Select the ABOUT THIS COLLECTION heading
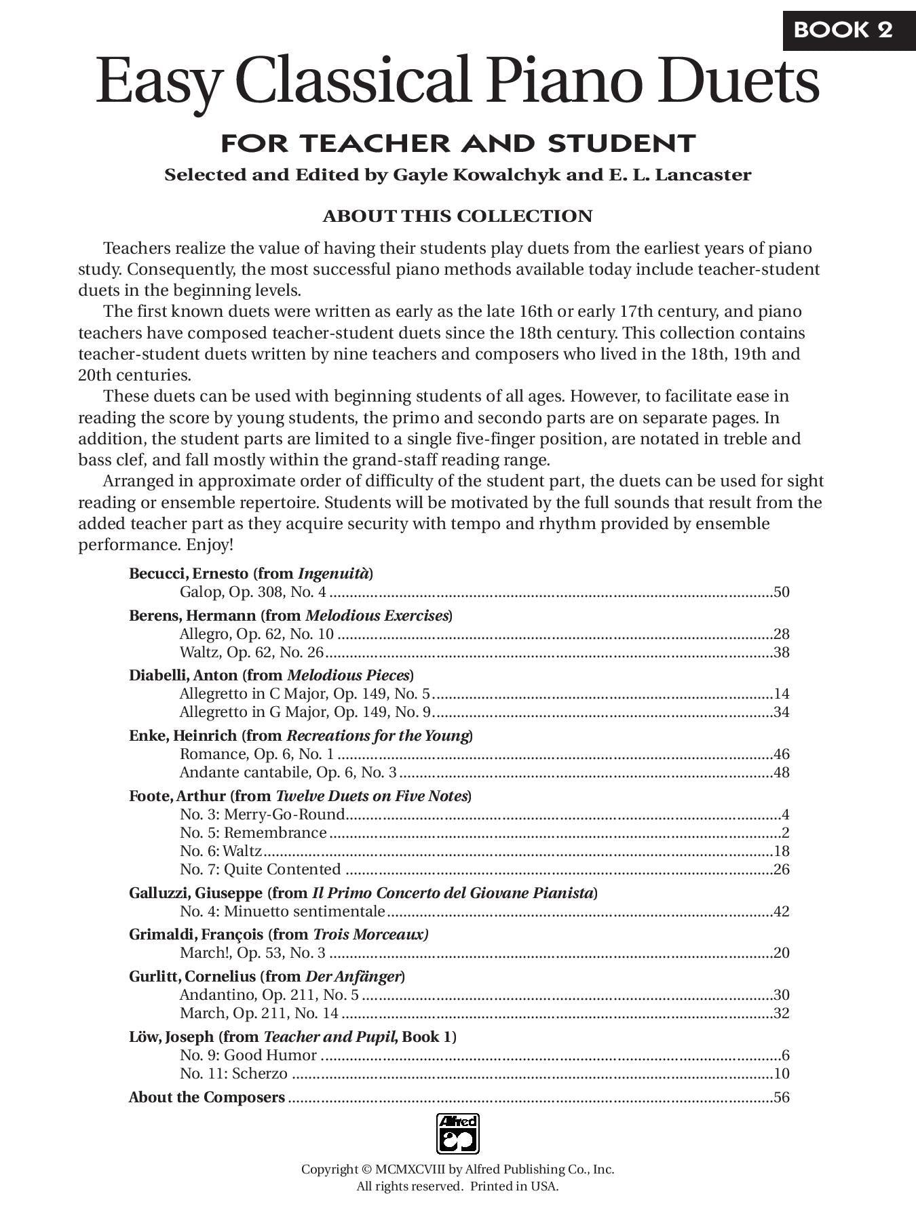click(457, 216)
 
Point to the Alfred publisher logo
click(457, 1133)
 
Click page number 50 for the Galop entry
click(782, 592)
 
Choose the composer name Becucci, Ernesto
click(189, 574)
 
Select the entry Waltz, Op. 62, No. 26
click(252, 653)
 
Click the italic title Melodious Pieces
click(348, 676)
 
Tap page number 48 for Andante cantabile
click(782, 773)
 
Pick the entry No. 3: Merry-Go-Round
click(262, 815)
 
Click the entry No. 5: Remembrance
click(253, 833)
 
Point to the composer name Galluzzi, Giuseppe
click(195, 893)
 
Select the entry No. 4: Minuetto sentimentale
click(282, 912)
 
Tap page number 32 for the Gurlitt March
click(782, 1013)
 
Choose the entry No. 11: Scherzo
click(233, 1074)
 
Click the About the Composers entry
click(207, 1098)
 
